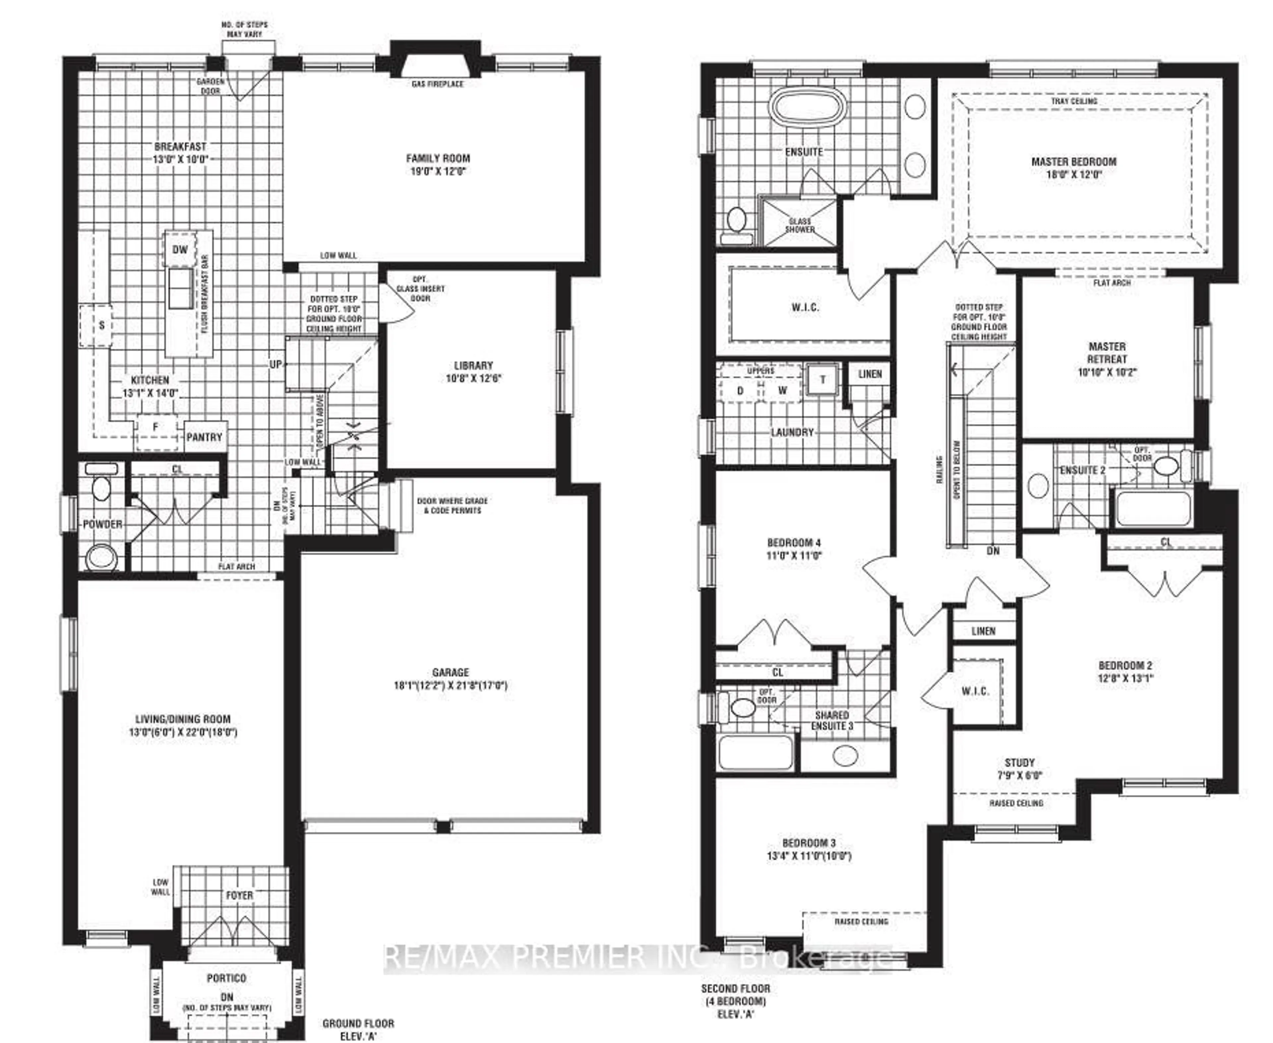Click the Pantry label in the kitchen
pyautogui.click(x=204, y=437)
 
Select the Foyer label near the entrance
pyautogui.click(x=239, y=895)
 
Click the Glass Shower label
pyautogui.click(x=800, y=225)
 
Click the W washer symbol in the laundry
pyautogui.click(x=782, y=391)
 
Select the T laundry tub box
pyautogui.click(x=822, y=379)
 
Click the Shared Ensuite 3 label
pyautogui.click(x=832, y=720)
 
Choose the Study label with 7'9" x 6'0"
pyautogui.click(x=1019, y=763)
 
